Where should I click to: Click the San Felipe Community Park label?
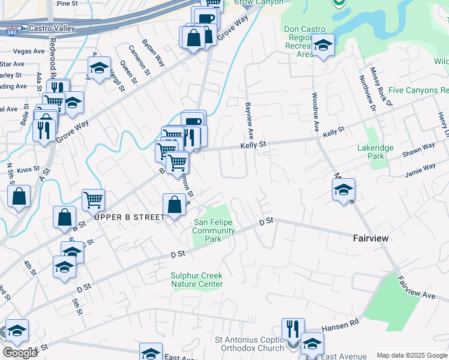(214, 230)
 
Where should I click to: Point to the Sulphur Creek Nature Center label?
(196, 280)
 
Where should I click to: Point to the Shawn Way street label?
(418, 149)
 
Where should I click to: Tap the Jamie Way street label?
(419, 170)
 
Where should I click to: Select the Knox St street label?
(28, 170)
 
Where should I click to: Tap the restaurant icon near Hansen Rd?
(293, 329)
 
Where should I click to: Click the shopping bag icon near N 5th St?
(19, 196)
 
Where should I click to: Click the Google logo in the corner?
(20, 352)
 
